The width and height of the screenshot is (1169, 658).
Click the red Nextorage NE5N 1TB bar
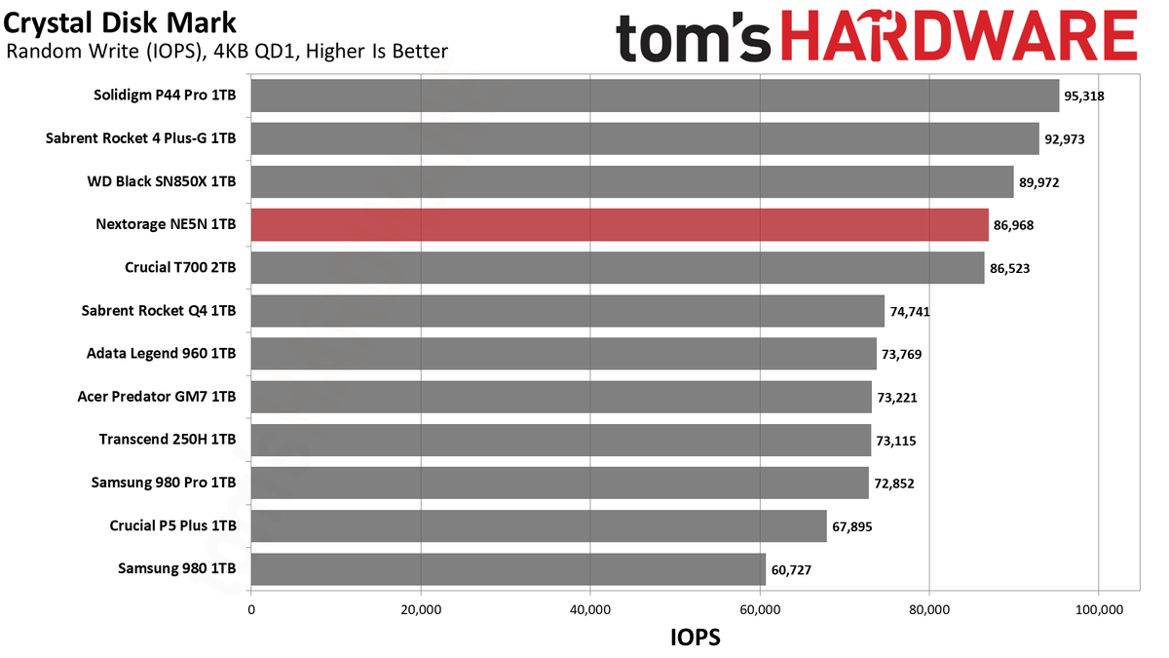[x=620, y=225]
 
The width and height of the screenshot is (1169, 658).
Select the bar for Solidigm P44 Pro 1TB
[x=655, y=96]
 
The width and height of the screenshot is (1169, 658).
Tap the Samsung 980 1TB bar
[x=509, y=569]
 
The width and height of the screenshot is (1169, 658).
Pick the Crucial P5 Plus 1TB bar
[x=539, y=525]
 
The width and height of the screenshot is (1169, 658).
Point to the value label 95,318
[x=1084, y=97]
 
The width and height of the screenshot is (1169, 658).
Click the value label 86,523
[x=1010, y=268]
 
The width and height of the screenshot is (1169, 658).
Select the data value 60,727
[x=791, y=569]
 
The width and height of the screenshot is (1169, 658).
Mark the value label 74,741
[x=910, y=312]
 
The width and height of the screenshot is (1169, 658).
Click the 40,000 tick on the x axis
[x=590, y=610]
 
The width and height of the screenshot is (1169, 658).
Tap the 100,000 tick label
[x=1099, y=610]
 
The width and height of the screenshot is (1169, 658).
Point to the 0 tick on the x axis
[x=251, y=610]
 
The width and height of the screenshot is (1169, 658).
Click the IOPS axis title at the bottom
[x=696, y=638]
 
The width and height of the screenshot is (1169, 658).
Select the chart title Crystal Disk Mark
[x=120, y=23]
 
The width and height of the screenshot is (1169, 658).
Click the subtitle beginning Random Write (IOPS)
[x=227, y=51]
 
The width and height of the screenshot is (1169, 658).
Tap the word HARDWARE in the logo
[x=960, y=35]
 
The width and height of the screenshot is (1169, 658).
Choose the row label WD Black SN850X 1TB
[x=162, y=181]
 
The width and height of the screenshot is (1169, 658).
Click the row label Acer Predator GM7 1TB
[x=157, y=397]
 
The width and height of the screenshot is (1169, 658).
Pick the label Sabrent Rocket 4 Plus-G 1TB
[x=141, y=138]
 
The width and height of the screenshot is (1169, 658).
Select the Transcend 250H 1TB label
[x=168, y=440]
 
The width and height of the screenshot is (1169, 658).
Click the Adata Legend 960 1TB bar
[x=564, y=354]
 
